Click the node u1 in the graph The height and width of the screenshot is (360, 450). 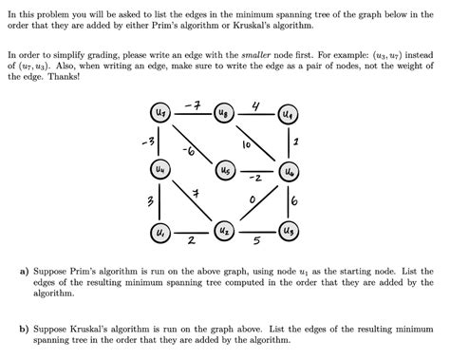(x=160, y=231)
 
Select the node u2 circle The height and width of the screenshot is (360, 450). (x=224, y=231)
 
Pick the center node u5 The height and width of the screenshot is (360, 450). (x=224, y=171)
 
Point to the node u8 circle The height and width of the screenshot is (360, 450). (x=224, y=113)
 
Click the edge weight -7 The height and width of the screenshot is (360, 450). (x=191, y=99)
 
